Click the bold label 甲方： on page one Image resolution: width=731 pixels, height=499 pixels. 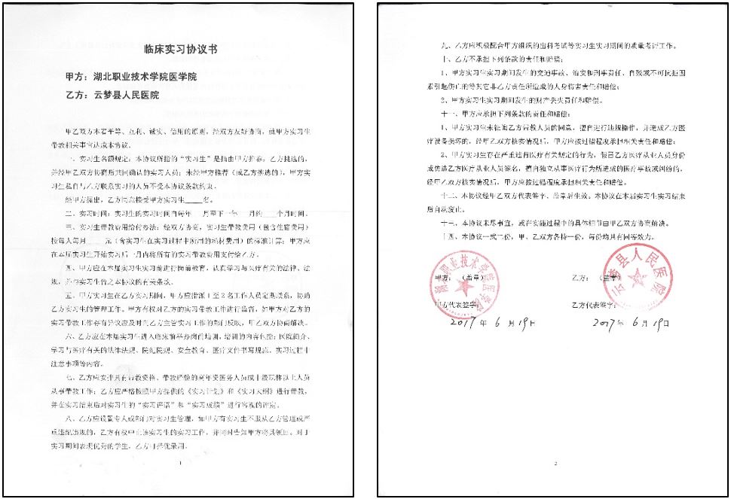click(x=77, y=78)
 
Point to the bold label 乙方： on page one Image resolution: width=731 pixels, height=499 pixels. click(x=77, y=96)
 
